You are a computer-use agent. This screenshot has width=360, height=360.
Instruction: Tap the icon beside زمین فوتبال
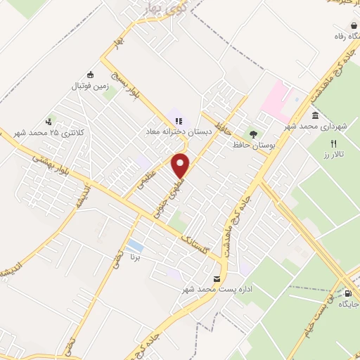(90, 75)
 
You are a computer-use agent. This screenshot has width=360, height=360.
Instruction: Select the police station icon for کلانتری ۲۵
(49, 121)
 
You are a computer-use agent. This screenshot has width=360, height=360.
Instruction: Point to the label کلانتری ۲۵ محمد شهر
(51, 133)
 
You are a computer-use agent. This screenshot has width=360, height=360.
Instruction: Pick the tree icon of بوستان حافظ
(252, 133)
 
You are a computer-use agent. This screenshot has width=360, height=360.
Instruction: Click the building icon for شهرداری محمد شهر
(314, 115)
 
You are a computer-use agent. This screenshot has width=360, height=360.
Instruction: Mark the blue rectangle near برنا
(135, 247)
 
